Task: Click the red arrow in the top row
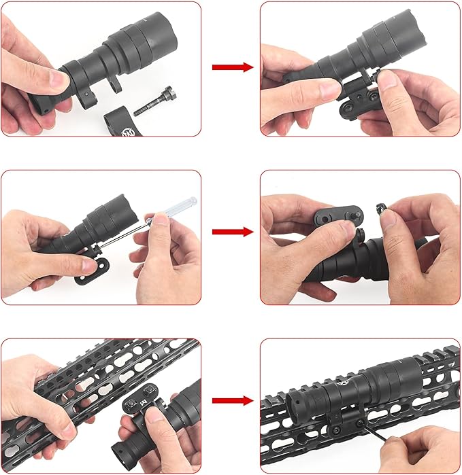[232, 67]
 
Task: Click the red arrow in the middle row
[232, 232]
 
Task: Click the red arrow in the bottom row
[232, 400]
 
